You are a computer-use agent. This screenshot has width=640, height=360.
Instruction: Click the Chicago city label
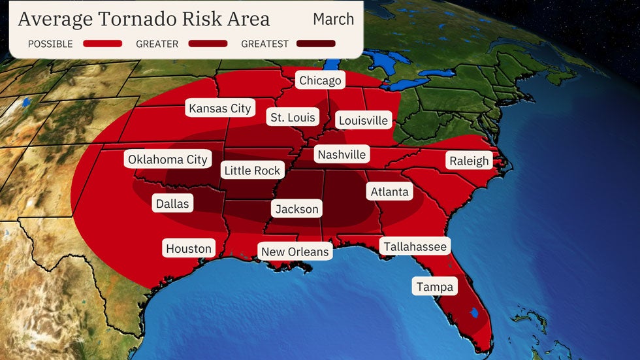pos(320,80)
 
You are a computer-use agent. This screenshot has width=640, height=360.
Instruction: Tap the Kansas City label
pos(220,108)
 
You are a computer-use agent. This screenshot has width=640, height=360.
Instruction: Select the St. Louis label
pos(292,118)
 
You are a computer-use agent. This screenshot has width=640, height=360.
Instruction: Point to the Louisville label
pos(363,120)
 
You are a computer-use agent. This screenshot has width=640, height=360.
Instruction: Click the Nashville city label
pos(341,155)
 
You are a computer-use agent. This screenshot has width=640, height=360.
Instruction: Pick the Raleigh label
pos(469,161)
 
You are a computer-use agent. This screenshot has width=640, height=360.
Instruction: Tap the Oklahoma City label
pos(168,159)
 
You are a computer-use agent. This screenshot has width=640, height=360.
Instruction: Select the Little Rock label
pos(252,171)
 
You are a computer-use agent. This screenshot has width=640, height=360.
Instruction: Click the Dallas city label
pos(172,204)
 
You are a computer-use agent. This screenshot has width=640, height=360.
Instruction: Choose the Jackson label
pos(296,209)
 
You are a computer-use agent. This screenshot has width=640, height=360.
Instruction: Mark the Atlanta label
pos(389,191)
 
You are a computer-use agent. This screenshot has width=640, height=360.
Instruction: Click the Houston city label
pos(189,248)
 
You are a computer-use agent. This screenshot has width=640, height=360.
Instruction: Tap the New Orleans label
pos(295,252)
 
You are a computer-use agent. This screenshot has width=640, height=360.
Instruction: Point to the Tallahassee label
pos(415,246)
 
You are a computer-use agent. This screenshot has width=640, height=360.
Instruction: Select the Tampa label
pos(435,287)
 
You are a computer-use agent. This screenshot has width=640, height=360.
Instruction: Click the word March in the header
pos(333,19)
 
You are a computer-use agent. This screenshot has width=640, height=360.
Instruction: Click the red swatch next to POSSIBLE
pos(103,44)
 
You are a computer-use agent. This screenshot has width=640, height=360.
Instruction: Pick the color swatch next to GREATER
pos(208,44)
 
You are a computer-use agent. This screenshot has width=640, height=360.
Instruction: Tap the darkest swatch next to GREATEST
pos(315,44)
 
